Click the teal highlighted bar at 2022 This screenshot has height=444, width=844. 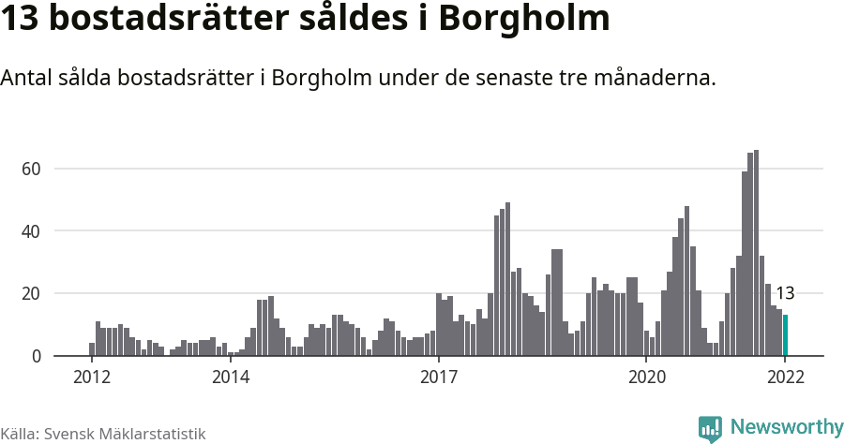click(785, 335)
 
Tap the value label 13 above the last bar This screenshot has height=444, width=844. click(785, 293)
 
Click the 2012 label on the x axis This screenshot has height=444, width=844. click(92, 377)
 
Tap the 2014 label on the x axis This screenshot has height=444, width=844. click(231, 377)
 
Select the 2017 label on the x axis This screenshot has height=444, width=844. click(438, 377)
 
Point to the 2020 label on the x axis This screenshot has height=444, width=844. click(646, 377)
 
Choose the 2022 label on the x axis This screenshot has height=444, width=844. click(785, 377)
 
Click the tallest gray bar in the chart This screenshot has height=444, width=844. click(756, 253)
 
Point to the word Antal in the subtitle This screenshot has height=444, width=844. click(27, 79)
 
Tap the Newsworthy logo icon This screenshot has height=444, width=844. click(710, 429)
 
